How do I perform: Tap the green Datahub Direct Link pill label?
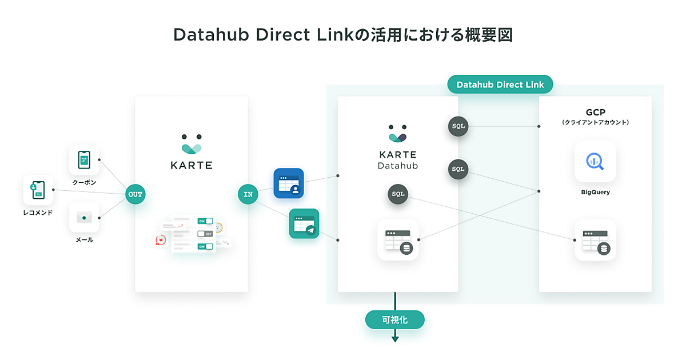tap(500, 85)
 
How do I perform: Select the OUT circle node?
tap(135, 194)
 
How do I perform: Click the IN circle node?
tap(248, 194)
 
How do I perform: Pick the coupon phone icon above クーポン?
tap(84, 159)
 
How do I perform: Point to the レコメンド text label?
tap(38, 213)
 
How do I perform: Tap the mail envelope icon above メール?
tap(84, 218)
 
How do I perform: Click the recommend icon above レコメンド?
tap(38, 190)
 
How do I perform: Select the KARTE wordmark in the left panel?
tap(192, 165)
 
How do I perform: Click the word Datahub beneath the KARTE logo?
tap(398, 166)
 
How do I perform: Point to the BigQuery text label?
tap(595, 193)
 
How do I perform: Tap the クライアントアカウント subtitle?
tap(595, 122)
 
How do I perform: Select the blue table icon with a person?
tap(288, 183)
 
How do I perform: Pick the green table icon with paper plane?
tap(304, 223)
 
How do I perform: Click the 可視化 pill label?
tap(394, 319)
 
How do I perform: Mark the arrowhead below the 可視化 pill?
tap(394, 339)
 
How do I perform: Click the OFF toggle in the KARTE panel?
tap(204, 234)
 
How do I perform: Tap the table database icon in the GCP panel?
tap(595, 240)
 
